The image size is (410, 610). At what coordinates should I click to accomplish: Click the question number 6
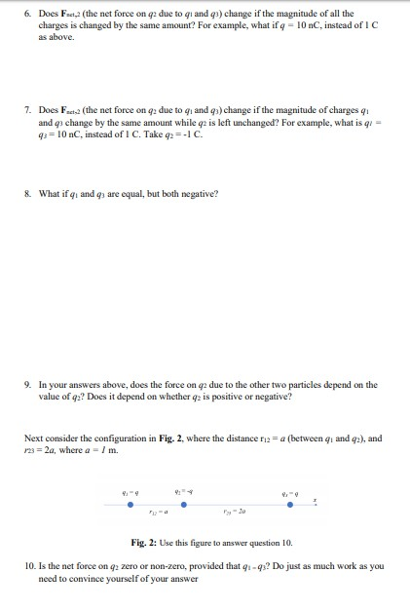coord(27,14)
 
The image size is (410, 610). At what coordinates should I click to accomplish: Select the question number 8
coord(27,192)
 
